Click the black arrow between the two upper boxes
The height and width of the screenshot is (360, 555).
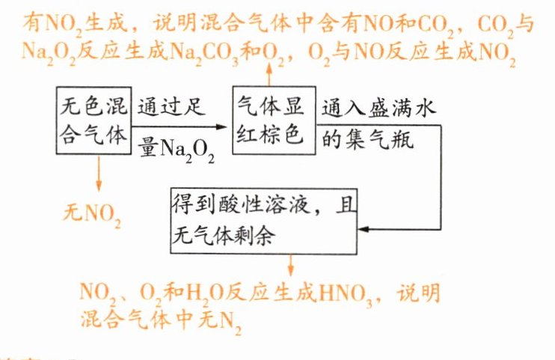coord(180,126)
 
